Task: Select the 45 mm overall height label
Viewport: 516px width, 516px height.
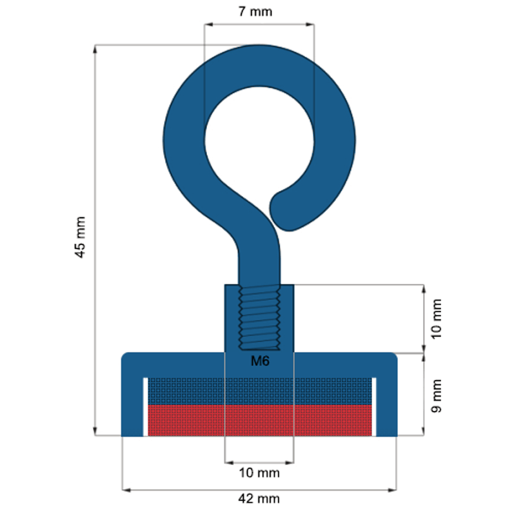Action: pos(80,237)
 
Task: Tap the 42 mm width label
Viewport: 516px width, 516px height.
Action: pos(259,499)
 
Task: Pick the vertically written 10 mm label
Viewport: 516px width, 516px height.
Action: pos(437,319)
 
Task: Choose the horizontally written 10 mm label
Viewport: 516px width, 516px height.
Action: pos(259,473)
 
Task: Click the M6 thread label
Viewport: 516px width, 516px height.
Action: pos(259,362)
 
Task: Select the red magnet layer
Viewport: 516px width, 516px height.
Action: pos(259,419)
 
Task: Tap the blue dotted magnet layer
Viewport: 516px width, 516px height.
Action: pos(259,391)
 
